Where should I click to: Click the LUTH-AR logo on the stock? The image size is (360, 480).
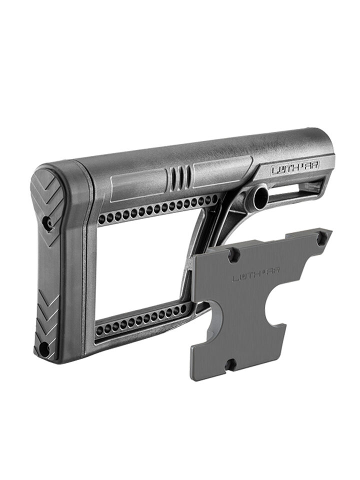(x=295, y=168)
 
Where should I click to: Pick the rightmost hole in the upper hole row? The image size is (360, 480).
(x=214, y=199)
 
